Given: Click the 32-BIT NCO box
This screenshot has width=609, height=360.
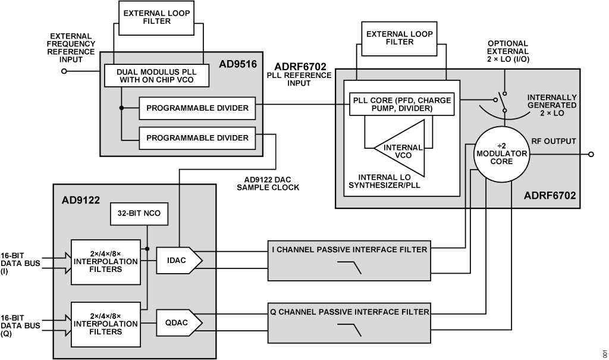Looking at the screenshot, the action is pos(139,214).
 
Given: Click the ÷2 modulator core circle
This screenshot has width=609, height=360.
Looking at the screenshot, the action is pos(501,154).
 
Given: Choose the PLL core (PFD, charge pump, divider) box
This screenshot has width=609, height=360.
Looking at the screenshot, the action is pos(401,104).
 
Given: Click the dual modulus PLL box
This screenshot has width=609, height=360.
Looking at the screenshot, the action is pos(156,76).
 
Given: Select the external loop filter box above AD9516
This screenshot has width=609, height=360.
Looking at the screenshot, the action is pos(156,18).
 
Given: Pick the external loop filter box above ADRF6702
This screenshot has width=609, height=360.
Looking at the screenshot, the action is pos(399,39).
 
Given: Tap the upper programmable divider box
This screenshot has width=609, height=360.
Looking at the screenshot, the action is pos(197,108).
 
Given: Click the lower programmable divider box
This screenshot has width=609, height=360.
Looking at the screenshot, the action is pos(197,138).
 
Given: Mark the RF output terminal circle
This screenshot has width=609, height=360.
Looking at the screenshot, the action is pos(591,154).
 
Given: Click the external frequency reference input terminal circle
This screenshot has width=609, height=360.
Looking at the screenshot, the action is pos(64,71).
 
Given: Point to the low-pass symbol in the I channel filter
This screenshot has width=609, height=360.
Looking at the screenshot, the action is pos(349,268).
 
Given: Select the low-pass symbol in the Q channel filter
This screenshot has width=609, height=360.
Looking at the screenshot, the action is pos(349,330).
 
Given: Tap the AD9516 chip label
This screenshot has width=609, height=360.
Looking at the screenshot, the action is pos(238,64).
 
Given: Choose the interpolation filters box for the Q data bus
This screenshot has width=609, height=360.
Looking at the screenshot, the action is pos(106,324).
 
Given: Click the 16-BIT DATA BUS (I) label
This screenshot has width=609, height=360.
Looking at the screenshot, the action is pos(20,263).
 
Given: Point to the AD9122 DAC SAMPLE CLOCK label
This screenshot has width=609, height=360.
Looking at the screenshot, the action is pos(268,183).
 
